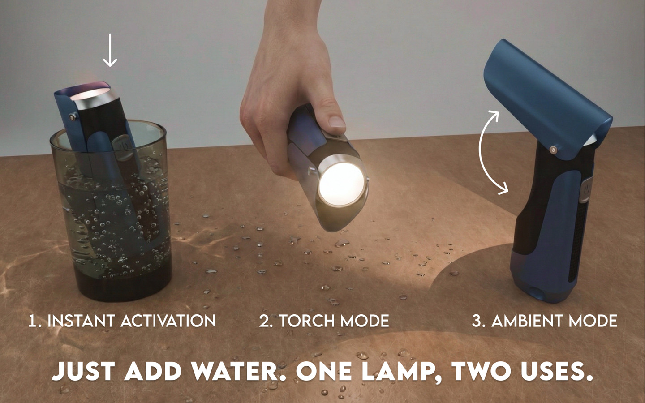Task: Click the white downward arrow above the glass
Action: pos(110,50)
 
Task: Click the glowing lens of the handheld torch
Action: pos(342,184)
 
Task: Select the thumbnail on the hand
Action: pos(337,121)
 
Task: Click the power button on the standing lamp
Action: pos(586,190)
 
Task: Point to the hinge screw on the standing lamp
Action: pos(553,150)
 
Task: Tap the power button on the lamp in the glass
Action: pos(123,147)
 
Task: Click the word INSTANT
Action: pos(81,321)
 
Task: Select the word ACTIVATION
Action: pos(168,321)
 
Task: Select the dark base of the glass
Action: pos(123,285)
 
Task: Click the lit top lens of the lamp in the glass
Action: pos(90,94)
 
